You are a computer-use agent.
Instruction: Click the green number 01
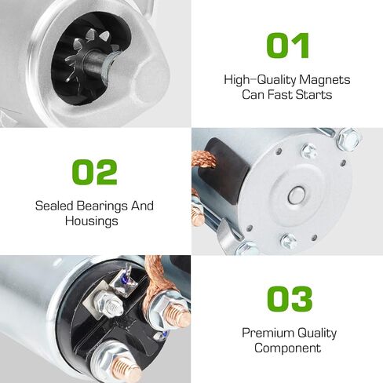coord(287,46)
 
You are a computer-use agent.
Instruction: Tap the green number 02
coord(94,172)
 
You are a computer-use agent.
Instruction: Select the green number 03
coord(290,299)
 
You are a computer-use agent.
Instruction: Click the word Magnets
coord(324,80)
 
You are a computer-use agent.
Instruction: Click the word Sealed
coord(54,206)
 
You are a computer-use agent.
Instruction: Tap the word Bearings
coord(102,206)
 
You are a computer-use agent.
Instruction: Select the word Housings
coord(92,221)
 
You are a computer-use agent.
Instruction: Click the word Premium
coord(268,333)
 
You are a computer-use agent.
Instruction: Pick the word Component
coord(287,348)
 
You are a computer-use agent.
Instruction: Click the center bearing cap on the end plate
coord(297,195)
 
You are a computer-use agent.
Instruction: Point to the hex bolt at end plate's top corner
coord(348,139)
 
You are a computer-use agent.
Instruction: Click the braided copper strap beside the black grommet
coord(205,159)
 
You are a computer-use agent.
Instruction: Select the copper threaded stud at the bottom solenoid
coord(127,368)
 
